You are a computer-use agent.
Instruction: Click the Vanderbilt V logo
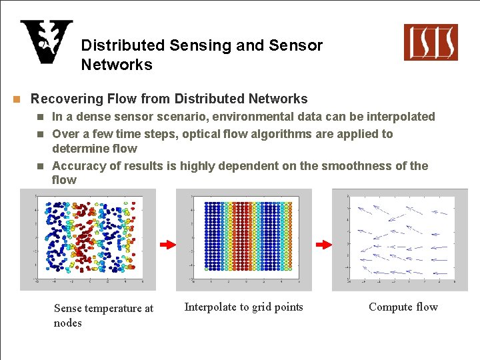point(46,42)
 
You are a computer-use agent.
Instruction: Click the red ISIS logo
point(431,42)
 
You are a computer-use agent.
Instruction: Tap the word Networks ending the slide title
point(117,65)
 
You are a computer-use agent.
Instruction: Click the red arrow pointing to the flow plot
point(323,245)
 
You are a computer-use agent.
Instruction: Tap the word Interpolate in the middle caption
point(209,307)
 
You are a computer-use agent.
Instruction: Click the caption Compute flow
point(403,307)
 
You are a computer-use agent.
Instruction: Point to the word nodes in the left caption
point(67,323)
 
